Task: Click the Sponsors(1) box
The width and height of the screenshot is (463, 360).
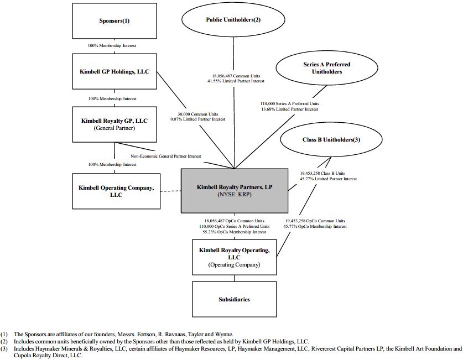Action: click(115, 21)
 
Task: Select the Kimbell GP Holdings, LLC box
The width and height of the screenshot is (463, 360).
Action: click(115, 71)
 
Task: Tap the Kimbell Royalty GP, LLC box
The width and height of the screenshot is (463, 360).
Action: click(115, 124)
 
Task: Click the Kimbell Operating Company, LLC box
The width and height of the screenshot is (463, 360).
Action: click(116, 191)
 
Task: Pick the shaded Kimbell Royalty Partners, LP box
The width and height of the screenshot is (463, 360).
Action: click(235, 191)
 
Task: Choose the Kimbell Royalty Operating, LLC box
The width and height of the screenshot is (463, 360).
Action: click(235, 257)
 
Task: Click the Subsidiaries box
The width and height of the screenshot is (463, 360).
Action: click(235, 299)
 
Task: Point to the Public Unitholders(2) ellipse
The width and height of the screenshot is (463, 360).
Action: click(233, 20)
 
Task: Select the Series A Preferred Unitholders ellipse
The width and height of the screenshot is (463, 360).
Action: click(327, 68)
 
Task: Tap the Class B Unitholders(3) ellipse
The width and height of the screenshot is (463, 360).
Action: click(331, 139)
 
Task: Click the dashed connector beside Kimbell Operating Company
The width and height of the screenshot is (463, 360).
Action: click(171, 191)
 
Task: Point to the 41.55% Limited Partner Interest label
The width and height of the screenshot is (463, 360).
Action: click(236, 81)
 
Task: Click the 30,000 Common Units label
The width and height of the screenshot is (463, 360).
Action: click(198, 114)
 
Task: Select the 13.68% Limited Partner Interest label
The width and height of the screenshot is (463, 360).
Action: click(290, 109)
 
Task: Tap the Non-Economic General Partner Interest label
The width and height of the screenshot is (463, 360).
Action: click(166, 156)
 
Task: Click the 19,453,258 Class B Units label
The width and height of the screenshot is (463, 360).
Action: click(322, 173)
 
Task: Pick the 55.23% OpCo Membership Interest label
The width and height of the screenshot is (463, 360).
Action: click(234, 232)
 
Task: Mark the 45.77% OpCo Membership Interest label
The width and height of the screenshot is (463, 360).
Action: click(315, 226)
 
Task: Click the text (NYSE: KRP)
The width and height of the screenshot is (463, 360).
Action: click(235, 195)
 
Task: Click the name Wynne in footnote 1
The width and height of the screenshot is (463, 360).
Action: click(225, 335)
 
